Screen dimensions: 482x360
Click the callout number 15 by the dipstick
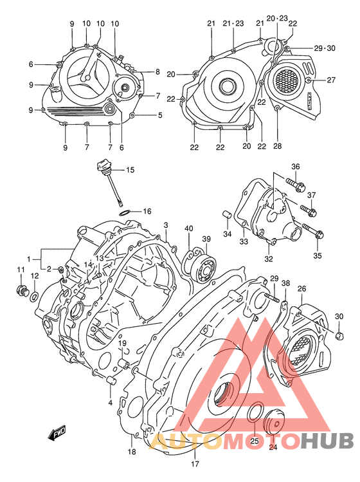(x=130, y=171)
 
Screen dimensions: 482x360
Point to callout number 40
(x=188, y=228)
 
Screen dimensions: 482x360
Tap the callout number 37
(x=312, y=195)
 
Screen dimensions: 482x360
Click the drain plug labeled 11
(x=21, y=289)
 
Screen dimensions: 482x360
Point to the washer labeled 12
(x=34, y=297)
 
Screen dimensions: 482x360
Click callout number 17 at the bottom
(x=194, y=464)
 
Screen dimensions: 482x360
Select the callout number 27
(x=331, y=80)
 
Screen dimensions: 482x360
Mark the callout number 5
(x=160, y=116)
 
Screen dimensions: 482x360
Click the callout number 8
(x=157, y=72)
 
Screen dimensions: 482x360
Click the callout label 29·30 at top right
(x=325, y=49)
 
